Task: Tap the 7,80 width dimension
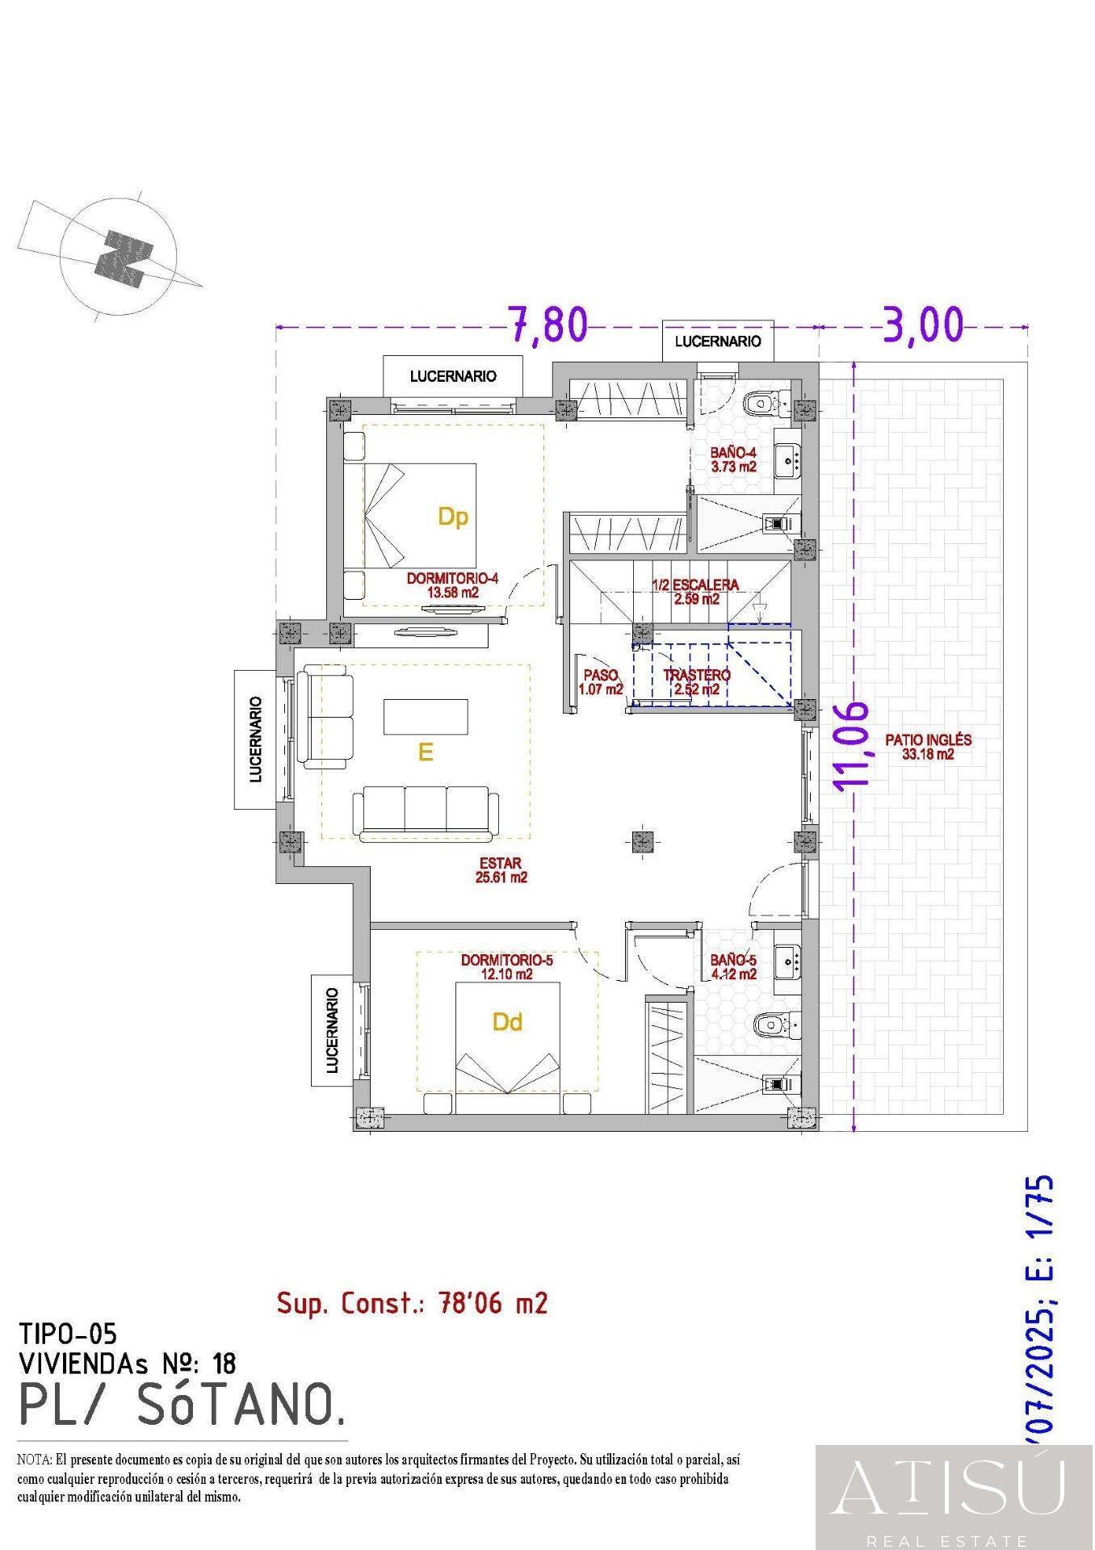coord(548,325)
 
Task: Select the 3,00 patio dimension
coord(924,325)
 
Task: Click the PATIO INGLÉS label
coord(928,747)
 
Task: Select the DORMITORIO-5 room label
coord(506,967)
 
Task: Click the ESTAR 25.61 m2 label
coord(501,870)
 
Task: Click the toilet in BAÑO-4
coord(763,401)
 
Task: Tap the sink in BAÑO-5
coord(787,961)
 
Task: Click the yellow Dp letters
coord(453,517)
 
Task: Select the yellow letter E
coord(426,752)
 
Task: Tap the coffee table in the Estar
coord(426,716)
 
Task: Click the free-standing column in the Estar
coord(642,842)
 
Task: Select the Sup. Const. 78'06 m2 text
coord(412,1303)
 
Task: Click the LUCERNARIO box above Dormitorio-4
coord(453,376)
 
